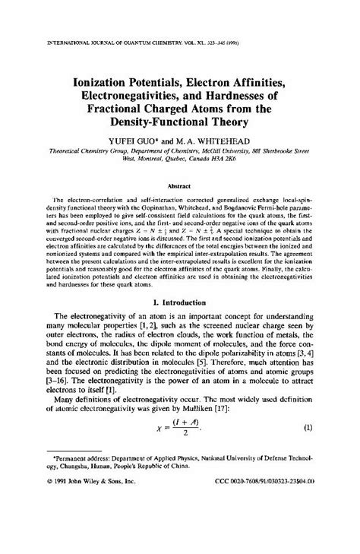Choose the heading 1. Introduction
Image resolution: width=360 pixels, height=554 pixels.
[x=180, y=323]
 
